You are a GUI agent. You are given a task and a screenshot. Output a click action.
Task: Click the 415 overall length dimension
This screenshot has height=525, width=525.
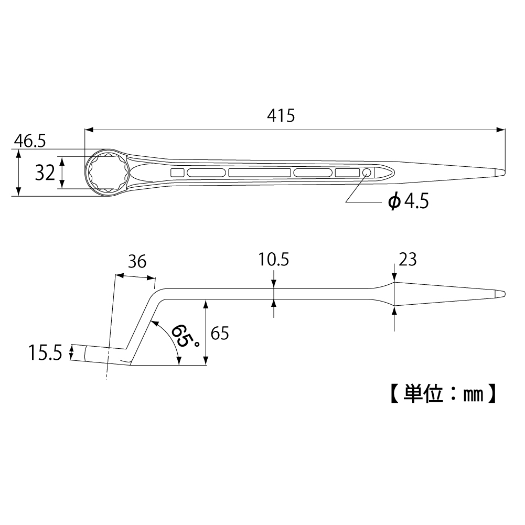tap(281, 115)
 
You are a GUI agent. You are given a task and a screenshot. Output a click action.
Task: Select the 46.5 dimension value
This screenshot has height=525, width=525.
tap(29, 141)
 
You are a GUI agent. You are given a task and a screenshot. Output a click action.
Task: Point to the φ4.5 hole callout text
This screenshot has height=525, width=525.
tap(408, 201)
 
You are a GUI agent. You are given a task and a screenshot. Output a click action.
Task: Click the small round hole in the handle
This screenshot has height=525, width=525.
tap(367, 173)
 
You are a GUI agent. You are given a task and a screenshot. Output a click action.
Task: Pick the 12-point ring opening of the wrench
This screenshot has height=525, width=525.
tap(106, 172)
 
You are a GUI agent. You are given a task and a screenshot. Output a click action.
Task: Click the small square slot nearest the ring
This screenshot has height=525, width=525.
tap(177, 173)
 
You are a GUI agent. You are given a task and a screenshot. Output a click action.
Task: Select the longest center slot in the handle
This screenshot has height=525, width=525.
tap(259, 173)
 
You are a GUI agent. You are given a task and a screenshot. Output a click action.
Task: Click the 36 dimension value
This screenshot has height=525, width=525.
tap(137, 262)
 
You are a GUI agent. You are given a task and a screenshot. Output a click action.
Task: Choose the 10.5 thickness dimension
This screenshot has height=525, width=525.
tap(274, 260)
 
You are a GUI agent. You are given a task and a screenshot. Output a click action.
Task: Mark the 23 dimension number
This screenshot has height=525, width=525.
tap(407, 260)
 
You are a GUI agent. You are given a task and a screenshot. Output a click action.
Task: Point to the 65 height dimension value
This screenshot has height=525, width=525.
tap(220, 334)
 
